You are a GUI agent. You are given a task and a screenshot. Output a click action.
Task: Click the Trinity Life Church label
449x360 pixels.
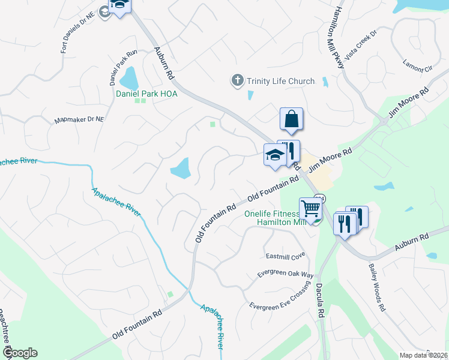[280, 81]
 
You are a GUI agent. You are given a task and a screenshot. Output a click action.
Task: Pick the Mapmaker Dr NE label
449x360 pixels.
[79, 119]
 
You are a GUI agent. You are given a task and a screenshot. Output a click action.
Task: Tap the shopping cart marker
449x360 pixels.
[311, 209]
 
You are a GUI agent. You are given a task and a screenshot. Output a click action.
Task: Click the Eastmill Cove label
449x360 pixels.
[286, 256]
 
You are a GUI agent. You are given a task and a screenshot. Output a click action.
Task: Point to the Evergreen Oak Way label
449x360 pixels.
[286, 274]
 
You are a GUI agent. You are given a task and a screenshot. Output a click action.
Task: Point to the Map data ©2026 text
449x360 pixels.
[423, 355]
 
